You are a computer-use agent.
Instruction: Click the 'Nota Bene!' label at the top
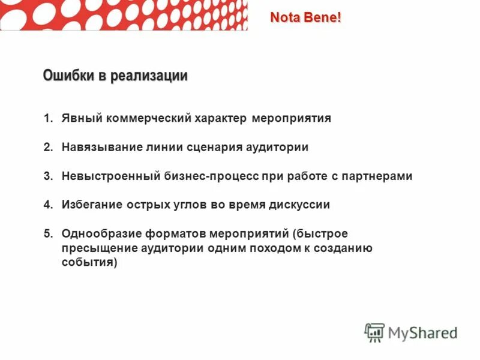coord(305,17)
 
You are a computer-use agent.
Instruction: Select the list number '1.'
coord(49,118)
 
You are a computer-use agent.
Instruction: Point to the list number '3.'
coord(49,176)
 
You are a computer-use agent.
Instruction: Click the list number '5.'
coord(49,233)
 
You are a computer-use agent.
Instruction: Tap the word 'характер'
coord(220,118)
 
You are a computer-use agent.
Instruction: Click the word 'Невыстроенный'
coord(109,176)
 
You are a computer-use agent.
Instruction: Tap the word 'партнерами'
coord(377,176)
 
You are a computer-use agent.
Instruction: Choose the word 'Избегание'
coord(91,205)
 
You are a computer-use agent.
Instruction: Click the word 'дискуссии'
coord(300,205)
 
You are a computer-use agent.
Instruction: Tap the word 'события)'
coord(89,262)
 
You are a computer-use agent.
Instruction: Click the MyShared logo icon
coord(374,332)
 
